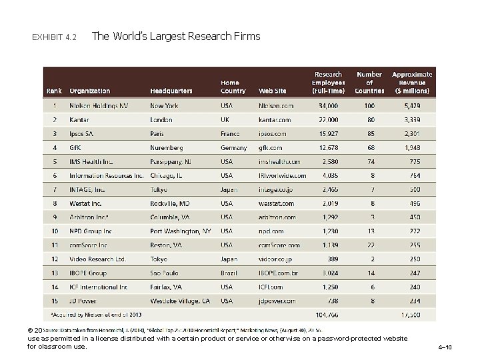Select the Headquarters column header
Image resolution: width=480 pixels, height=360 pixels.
pyautogui.click(x=171, y=91)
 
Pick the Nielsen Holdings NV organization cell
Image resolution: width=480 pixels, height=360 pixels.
pyautogui.click(x=99, y=105)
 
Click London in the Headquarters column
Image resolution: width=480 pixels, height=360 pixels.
pyautogui.click(x=161, y=120)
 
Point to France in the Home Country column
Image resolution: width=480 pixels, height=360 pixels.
pyautogui.click(x=231, y=134)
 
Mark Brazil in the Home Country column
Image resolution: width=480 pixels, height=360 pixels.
pyautogui.click(x=229, y=273)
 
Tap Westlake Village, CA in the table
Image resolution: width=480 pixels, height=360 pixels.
pyautogui.click(x=180, y=301)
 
